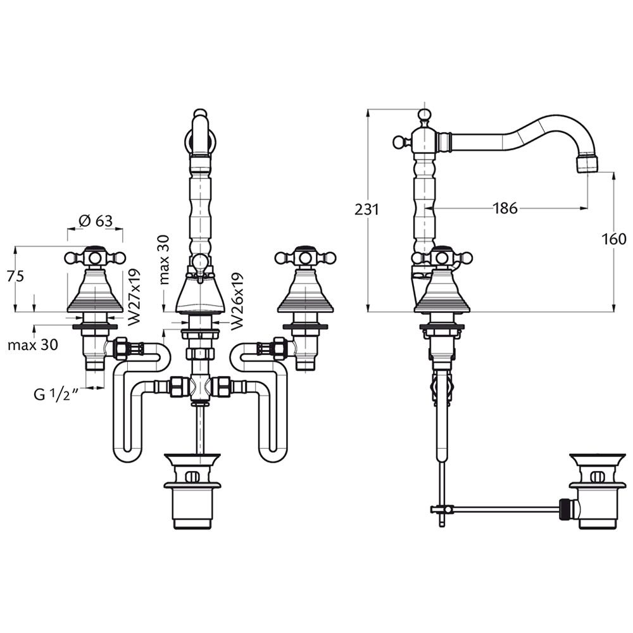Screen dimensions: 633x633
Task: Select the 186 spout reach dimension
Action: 505,208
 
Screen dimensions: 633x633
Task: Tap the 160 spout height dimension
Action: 614,239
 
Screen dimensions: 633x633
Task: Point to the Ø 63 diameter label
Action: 96,221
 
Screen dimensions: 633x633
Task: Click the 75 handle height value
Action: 16,276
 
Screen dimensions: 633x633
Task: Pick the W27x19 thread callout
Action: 134,298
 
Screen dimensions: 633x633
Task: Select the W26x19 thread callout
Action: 237,301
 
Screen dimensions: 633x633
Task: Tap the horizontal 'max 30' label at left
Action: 33,345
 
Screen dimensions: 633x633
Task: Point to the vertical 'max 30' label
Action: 164,259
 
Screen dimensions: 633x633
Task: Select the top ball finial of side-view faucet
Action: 424,115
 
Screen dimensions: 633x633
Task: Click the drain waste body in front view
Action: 192,491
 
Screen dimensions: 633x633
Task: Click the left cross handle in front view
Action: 96,257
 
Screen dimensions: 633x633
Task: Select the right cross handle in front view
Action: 305,257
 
